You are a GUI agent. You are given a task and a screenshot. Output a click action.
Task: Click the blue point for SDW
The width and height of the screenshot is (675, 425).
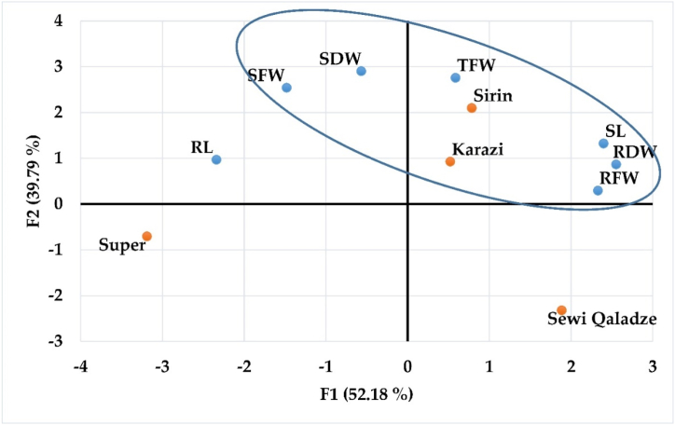click(x=361, y=71)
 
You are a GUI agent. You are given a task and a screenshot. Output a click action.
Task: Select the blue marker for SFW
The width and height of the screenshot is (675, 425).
click(x=286, y=88)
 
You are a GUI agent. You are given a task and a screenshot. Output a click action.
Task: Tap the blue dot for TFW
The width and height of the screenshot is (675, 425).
click(x=455, y=77)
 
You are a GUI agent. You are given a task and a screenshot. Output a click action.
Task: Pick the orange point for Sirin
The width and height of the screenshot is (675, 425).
click(x=472, y=108)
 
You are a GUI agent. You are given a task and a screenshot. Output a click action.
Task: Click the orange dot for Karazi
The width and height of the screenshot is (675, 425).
click(x=450, y=161)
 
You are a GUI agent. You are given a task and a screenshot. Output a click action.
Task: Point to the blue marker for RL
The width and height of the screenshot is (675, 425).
click(x=216, y=159)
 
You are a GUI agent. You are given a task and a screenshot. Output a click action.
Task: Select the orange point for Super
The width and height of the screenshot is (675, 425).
click(x=146, y=237)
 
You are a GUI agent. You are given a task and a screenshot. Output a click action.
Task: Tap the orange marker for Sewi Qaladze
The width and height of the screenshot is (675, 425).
click(x=561, y=310)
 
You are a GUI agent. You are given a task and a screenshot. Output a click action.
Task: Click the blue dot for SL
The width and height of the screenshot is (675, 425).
click(x=603, y=144)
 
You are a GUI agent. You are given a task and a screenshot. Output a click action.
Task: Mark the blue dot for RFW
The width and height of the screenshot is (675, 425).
click(x=598, y=190)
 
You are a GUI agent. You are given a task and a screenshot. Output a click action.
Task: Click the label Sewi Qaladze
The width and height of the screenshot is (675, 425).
click(x=602, y=321)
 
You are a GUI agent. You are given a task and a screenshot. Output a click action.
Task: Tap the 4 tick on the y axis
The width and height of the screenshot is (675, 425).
click(x=58, y=21)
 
